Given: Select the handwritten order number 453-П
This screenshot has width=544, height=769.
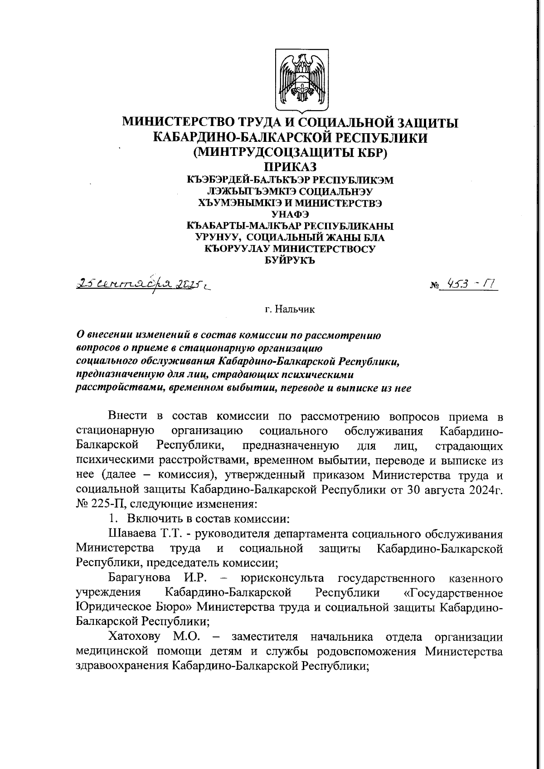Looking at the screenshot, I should point(471,284).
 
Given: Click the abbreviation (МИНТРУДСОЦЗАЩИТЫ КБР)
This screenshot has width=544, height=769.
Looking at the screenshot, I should point(290,152).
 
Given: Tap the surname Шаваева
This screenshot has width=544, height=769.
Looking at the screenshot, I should point(132,534).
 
